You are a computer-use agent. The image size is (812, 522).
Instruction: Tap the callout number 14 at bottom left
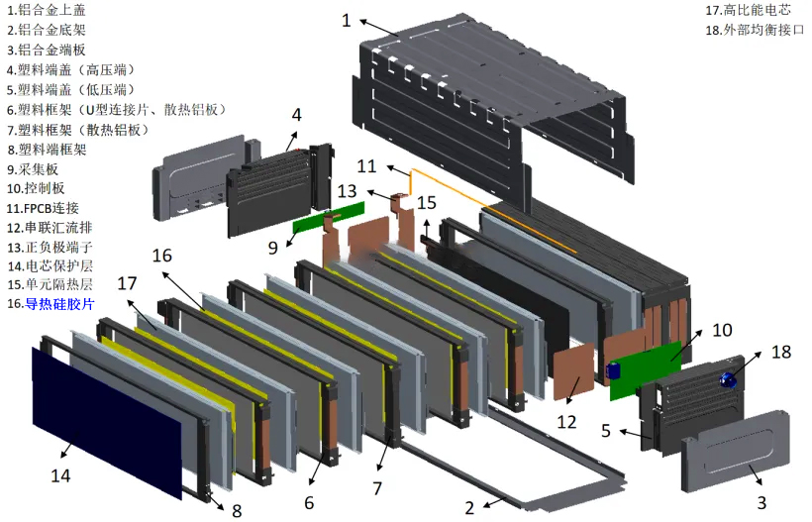click(61, 475)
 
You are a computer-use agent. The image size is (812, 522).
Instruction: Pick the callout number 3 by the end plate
click(761, 502)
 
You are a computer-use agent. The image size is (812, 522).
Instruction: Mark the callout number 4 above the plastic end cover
click(295, 115)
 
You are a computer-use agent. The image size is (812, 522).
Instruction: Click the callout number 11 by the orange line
click(366, 165)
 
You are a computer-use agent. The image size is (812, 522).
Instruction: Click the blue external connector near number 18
click(735, 377)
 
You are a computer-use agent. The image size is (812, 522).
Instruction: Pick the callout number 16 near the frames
click(161, 256)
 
